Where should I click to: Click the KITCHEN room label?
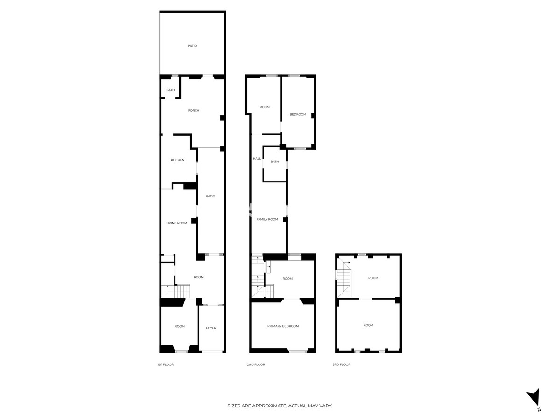pos(177,160)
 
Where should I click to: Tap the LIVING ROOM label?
pos(176,223)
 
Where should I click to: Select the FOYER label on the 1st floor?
pos(211,328)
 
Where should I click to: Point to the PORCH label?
pos(193,111)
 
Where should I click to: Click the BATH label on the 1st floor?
pos(170,90)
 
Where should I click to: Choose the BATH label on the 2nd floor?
pos(274,162)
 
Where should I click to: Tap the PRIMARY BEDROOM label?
pos(283,326)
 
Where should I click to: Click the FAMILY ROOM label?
pos(267,219)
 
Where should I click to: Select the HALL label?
pos(257,159)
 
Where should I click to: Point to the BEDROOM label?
pos(298,114)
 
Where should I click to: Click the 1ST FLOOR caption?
pos(165,364)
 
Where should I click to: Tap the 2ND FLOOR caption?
pos(256,364)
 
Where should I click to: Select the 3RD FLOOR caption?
pos(341,364)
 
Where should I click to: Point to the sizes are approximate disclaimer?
pos(280,406)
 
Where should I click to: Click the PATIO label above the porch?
pos(192,46)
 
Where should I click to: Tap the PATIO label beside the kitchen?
pos(210,196)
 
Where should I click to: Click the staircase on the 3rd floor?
pos(344,278)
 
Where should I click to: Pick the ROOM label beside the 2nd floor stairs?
pos(287,279)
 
